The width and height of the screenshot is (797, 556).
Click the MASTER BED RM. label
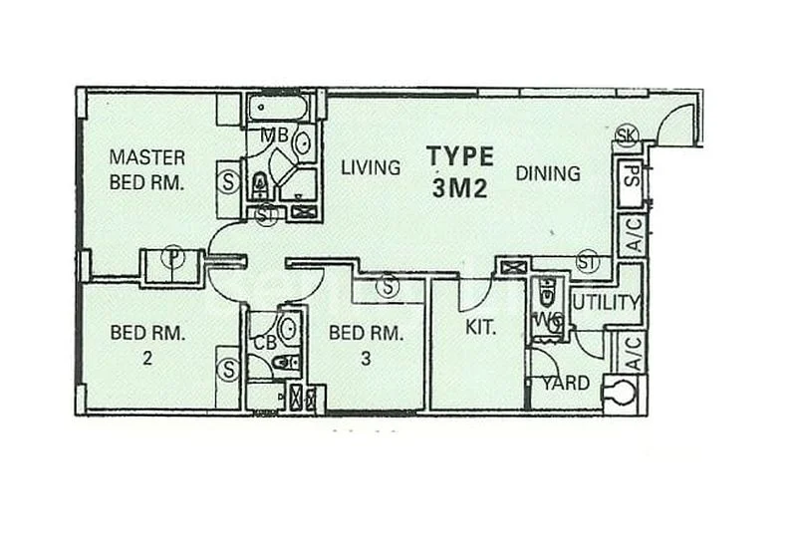pyautogui.click(x=147, y=169)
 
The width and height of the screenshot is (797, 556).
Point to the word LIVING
pyautogui.click(x=370, y=168)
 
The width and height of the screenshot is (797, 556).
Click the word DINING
pyautogui.click(x=548, y=173)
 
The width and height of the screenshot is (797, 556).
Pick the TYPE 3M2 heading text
pyautogui.click(x=459, y=172)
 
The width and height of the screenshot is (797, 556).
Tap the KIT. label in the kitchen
pyautogui.click(x=480, y=326)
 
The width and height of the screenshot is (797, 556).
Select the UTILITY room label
pyautogui.click(x=605, y=303)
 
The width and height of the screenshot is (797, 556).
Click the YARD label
pyautogui.click(x=565, y=384)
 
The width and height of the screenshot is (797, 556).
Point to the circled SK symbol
pyautogui.click(x=626, y=138)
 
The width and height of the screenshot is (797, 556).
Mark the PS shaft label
pyautogui.click(x=630, y=182)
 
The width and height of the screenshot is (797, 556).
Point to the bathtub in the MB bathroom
pyautogui.click(x=280, y=107)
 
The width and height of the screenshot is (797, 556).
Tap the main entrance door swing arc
pyautogui.click(x=676, y=122)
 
